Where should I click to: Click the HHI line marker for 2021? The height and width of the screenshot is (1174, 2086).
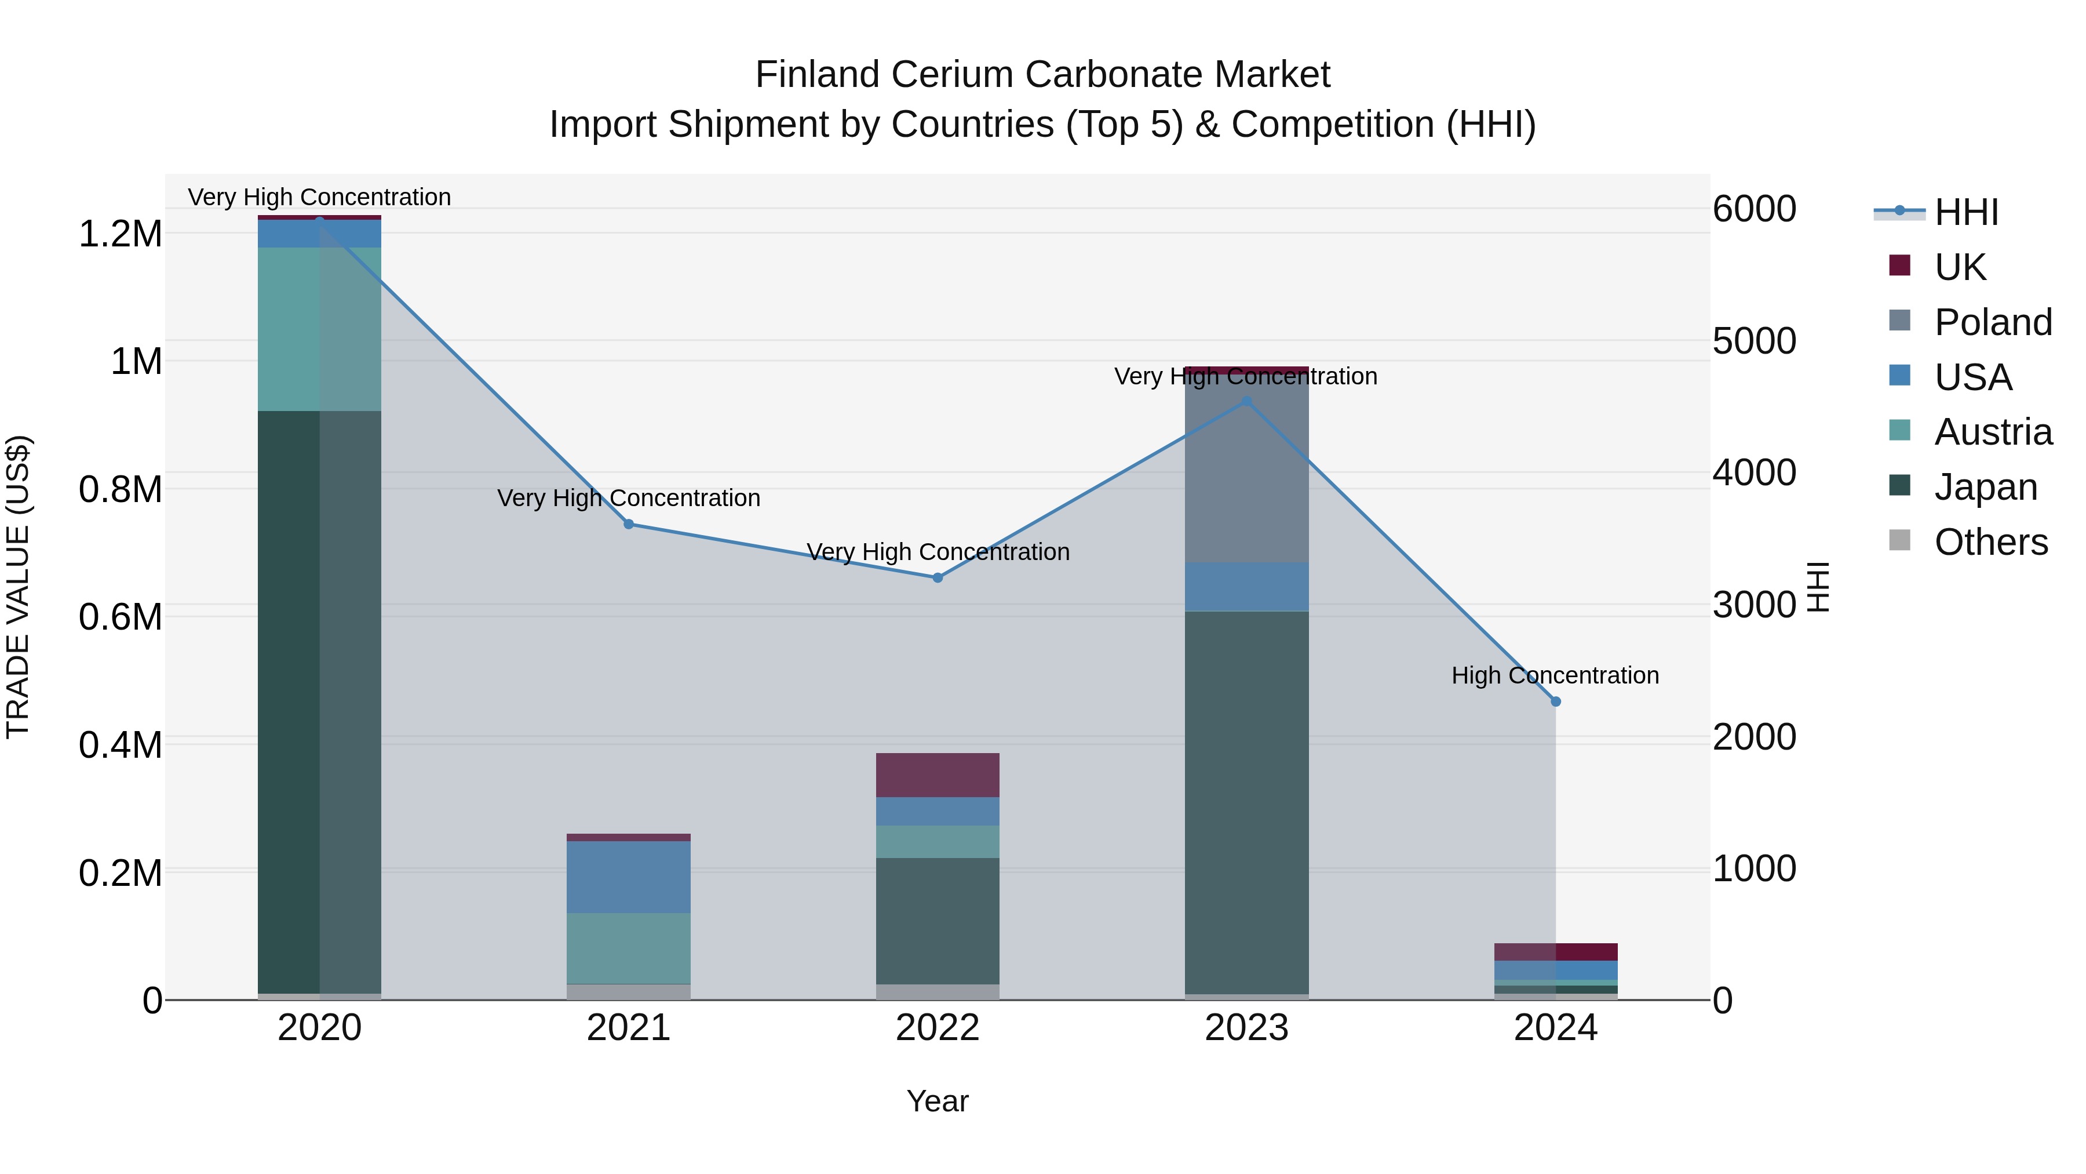click(628, 524)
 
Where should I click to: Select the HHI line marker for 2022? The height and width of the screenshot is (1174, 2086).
click(938, 577)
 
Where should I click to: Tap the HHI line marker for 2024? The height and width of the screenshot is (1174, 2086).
click(1556, 702)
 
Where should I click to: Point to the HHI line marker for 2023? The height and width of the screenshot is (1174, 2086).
click(1247, 401)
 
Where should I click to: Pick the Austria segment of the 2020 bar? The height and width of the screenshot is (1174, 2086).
click(319, 329)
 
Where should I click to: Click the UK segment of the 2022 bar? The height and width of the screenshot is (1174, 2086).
click(938, 775)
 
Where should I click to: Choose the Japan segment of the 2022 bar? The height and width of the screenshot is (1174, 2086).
click(938, 921)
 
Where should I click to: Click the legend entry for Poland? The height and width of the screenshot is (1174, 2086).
click(1993, 322)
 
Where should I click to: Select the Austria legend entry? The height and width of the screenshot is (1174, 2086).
click(1993, 432)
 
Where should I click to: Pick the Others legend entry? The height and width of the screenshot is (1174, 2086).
click(1990, 542)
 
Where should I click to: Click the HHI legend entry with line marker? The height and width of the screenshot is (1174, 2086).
click(1965, 212)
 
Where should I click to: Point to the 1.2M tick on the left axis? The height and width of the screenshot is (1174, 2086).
click(120, 234)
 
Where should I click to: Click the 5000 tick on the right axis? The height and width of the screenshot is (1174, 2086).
click(1754, 340)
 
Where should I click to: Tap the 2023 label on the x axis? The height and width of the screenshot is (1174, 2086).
click(1247, 1028)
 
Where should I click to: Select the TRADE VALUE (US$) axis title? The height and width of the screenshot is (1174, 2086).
click(18, 587)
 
